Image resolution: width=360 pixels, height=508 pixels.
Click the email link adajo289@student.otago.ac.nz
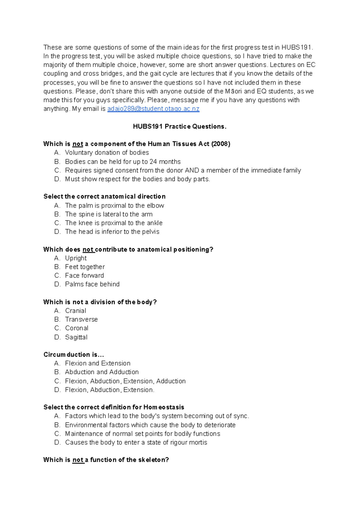[x=153, y=109]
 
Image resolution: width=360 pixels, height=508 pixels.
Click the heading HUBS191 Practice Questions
[x=180, y=127]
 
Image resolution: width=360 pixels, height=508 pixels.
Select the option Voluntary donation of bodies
[x=107, y=153]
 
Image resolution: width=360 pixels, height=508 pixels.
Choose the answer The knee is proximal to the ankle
[x=114, y=223]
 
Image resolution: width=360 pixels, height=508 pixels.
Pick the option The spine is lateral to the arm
[x=109, y=214]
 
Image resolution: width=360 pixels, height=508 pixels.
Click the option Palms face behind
[x=92, y=284]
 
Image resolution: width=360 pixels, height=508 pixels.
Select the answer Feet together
[x=85, y=267]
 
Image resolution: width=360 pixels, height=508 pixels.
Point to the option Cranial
[x=76, y=311]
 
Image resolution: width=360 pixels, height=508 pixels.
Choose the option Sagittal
[x=76, y=337]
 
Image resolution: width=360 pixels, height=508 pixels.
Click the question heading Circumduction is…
[x=74, y=355]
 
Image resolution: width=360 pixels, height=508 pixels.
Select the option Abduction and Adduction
[x=102, y=372]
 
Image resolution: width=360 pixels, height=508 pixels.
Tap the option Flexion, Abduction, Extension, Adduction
[x=125, y=381]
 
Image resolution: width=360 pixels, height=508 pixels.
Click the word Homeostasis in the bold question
[x=164, y=407]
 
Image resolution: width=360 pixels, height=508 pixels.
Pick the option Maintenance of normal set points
[x=142, y=434]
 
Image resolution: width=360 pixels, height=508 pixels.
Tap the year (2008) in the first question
[x=221, y=144]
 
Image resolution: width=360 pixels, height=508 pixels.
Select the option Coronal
[x=77, y=328]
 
